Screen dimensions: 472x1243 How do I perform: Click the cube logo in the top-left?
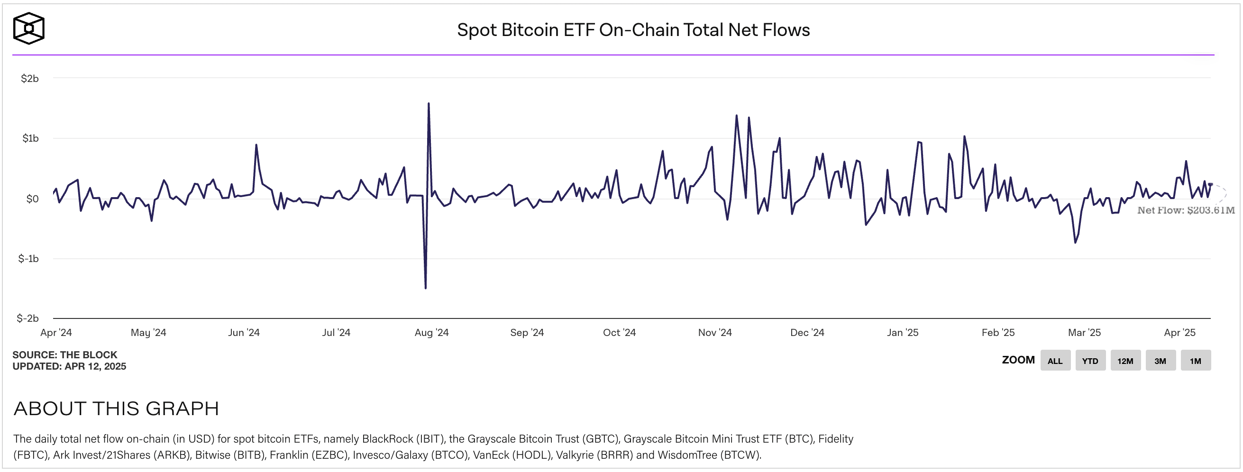28,28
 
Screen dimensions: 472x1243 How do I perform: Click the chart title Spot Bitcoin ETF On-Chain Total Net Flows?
633,30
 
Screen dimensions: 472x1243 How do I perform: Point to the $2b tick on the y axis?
29,79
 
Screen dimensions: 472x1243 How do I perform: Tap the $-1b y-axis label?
28,259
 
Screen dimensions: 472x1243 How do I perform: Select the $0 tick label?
32,199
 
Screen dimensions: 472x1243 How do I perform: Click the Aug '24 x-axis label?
431,333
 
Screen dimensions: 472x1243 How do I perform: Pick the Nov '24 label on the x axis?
714,333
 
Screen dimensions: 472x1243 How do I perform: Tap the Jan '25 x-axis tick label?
902,333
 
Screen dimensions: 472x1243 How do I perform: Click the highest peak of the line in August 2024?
429,103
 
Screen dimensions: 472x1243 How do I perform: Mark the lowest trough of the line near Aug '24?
426,288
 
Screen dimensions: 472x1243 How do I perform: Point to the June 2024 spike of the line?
256,145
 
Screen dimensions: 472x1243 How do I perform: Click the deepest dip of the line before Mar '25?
1075,243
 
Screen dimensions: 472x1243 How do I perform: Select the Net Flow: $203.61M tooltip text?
1186,210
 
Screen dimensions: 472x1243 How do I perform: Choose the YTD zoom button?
1090,361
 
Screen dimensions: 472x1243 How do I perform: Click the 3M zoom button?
1160,361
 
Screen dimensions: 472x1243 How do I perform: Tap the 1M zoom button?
1195,361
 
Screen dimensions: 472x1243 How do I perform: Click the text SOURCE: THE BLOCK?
64,355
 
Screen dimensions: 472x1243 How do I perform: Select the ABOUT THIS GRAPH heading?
116,408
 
